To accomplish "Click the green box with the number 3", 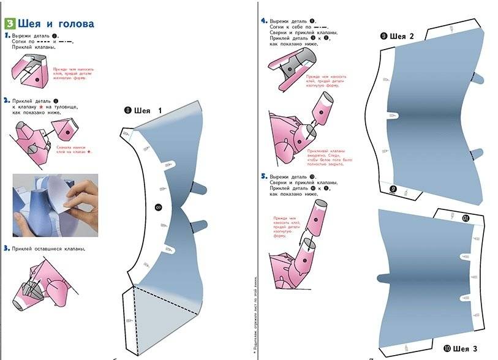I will pos(10,24).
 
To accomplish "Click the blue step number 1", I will pos(7,36).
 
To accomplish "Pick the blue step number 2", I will pos(7,100).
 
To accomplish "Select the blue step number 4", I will pos(264,20).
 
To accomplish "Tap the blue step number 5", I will pos(264,175).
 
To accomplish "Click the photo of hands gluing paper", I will pos(55,204).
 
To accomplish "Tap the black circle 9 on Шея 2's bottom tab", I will pos(393,189).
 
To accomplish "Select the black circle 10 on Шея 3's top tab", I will pos(465,217).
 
